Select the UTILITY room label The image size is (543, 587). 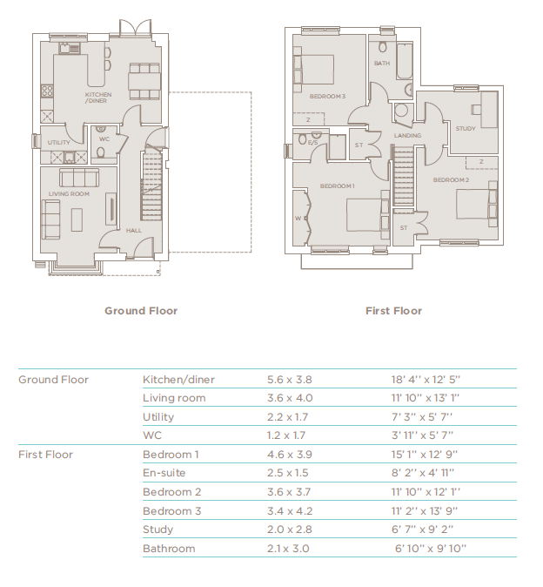[x=59, y=142]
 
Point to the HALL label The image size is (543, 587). [x=133, y=231]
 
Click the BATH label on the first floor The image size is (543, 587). [x=381, y=64]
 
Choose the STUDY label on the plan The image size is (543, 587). [x=465, y=129]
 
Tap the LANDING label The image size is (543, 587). [x=407, y=136]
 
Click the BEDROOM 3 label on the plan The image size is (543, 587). [x=327, y=96]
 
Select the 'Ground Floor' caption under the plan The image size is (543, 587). [x=141, y=311]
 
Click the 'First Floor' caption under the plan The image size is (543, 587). [x=393, y=311]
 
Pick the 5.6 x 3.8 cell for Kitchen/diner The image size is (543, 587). [x=289, y=380]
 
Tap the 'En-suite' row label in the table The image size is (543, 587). [x=164, y=473]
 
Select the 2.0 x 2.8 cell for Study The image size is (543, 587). [x=288, y=530]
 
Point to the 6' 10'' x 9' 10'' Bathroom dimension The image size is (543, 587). [x=431, y=549]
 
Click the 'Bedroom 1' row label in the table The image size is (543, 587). [x=171, y=455]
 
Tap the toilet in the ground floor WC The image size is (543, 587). [x=100, y=153]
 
